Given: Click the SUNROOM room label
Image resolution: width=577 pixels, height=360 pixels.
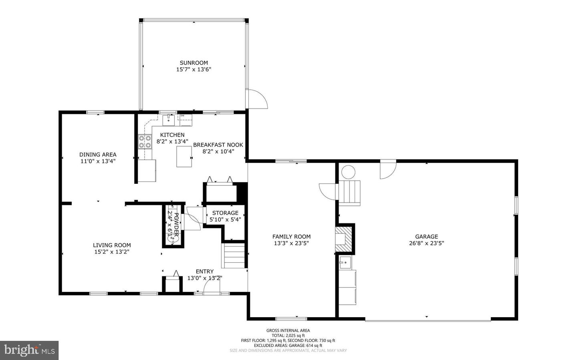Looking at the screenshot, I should click(x=194, y=63).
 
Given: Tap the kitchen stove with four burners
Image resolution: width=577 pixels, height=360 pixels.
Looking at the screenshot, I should click(x=145, y=142).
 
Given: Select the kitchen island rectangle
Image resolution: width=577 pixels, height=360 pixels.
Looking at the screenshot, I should click(x=184, y=157).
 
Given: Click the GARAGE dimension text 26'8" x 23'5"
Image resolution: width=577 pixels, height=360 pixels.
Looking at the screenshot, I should click(x=426, y=243).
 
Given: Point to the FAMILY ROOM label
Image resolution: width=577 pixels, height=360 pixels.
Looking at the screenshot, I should click(x=291, y=237).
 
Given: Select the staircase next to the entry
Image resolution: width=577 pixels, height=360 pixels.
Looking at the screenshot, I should click(x=234, y=256).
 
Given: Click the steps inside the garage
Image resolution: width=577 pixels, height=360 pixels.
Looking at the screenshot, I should click(x=349, y=193).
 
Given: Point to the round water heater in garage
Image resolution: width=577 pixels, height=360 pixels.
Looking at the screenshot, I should click(x=348, y=172).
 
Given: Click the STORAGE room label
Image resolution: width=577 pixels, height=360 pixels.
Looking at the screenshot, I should click(x=225, y=213).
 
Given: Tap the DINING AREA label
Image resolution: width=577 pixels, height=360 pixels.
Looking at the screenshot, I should click(x=98, y=155).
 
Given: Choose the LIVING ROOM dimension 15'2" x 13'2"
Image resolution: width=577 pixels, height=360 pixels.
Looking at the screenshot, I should click(x=112, y=252).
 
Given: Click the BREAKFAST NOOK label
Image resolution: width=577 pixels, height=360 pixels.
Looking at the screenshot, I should click(x=218, y=145).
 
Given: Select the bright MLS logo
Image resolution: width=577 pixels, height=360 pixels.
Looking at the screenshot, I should click(x=29, y=350).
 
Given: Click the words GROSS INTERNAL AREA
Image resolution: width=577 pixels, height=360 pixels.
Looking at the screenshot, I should click(x=288, y=330).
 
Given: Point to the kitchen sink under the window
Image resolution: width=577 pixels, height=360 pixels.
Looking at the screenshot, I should click(x=169, y=120).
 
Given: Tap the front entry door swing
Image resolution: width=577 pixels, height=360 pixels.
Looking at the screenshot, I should click(x=211, y=286).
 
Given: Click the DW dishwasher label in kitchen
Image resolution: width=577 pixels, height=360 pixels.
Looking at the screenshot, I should click(x=182, y=116).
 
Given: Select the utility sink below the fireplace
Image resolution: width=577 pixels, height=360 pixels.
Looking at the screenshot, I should click(x=345, y=264).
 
